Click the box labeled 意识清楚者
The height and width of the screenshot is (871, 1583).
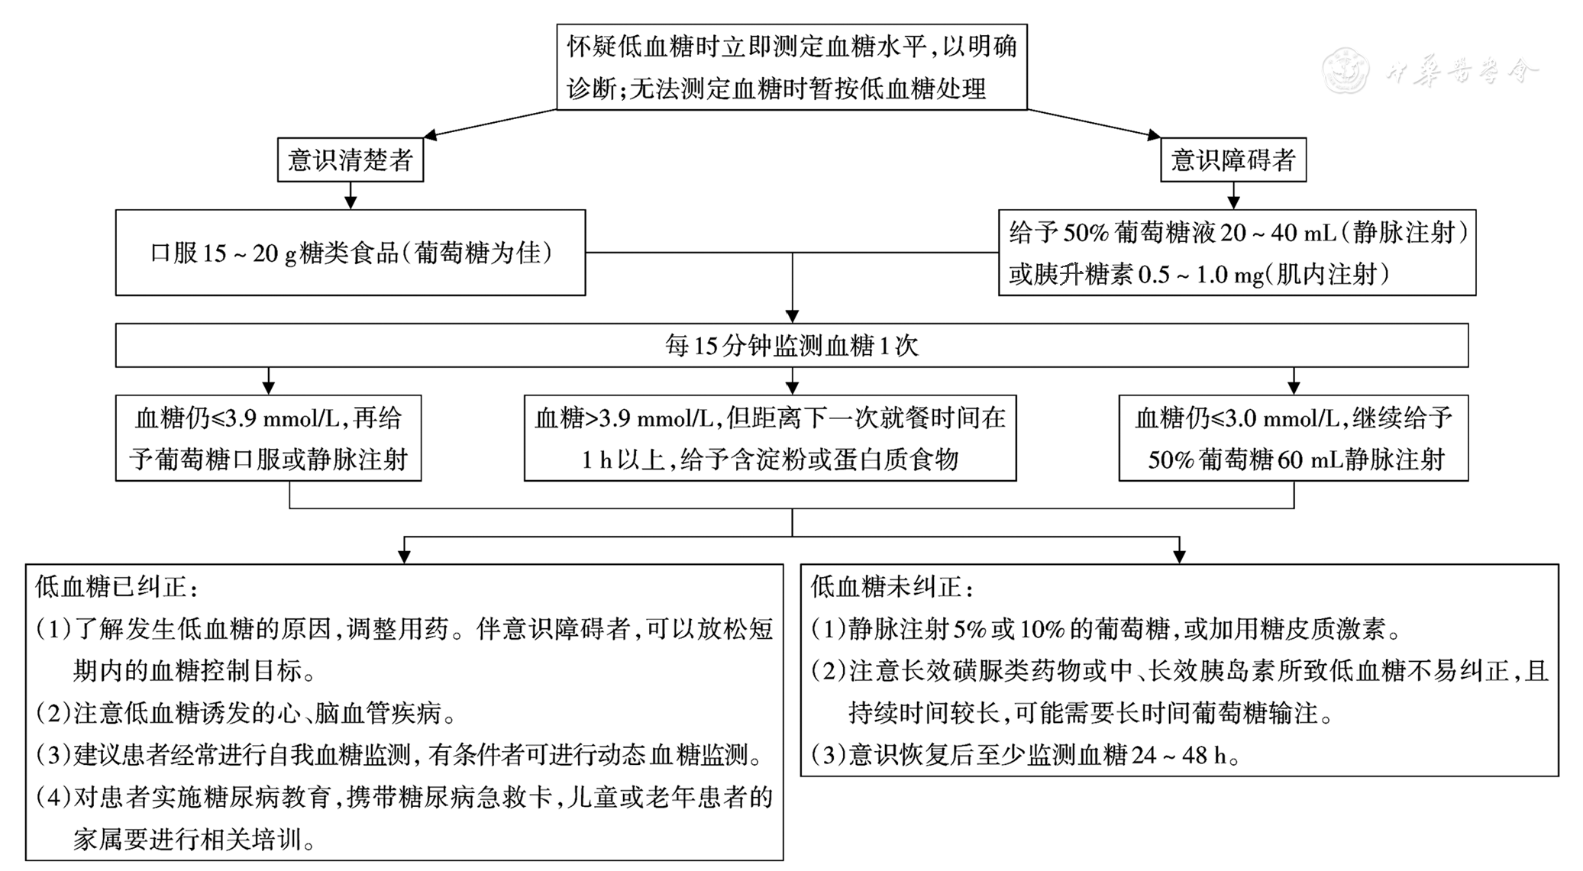[x=350, y=160]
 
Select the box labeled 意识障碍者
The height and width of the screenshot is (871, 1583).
[x=1232, y=160]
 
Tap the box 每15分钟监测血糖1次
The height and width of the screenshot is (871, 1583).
[x=791, y=346]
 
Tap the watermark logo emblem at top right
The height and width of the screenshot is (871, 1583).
[x=1346, y=70]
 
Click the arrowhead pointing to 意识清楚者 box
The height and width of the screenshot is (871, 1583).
[x=430, y=136]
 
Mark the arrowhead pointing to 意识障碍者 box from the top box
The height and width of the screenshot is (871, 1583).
[x=1154, y=136]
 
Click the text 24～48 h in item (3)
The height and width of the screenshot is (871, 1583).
[x=1179, y=755]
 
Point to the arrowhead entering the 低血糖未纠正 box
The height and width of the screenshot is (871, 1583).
[x=1179, y=557]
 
